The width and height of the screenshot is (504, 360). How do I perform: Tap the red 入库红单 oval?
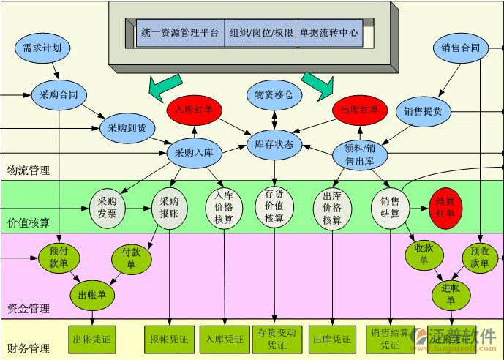(x=195, y=110)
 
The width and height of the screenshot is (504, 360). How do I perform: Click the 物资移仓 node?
(x=274, y=94)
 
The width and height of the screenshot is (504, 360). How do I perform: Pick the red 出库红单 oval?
(x=360, y=110)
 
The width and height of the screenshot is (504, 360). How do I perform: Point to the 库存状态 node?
(x=274, y=144)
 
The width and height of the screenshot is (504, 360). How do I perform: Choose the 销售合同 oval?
(x=460, y=49)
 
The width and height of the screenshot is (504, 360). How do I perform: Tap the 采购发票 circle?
(x=107, y=208)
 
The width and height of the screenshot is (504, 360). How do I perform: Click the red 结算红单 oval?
(x=445, y=207)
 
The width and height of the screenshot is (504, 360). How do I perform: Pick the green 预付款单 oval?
(x=59, y=256)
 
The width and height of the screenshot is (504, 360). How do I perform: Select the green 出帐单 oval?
(x=92, y=296)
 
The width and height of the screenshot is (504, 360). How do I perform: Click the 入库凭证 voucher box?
(x=224, y=340)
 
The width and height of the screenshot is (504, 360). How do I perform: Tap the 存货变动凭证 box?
(x=277, y=339)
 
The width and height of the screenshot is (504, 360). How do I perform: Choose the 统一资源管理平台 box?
(x=180, y=33)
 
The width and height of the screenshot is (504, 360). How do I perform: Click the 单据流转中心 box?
(x=328, y=33)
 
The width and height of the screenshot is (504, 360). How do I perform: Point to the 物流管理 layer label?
(x=29, y=170)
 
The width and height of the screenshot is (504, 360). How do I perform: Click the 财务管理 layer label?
(x=29, y=348)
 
